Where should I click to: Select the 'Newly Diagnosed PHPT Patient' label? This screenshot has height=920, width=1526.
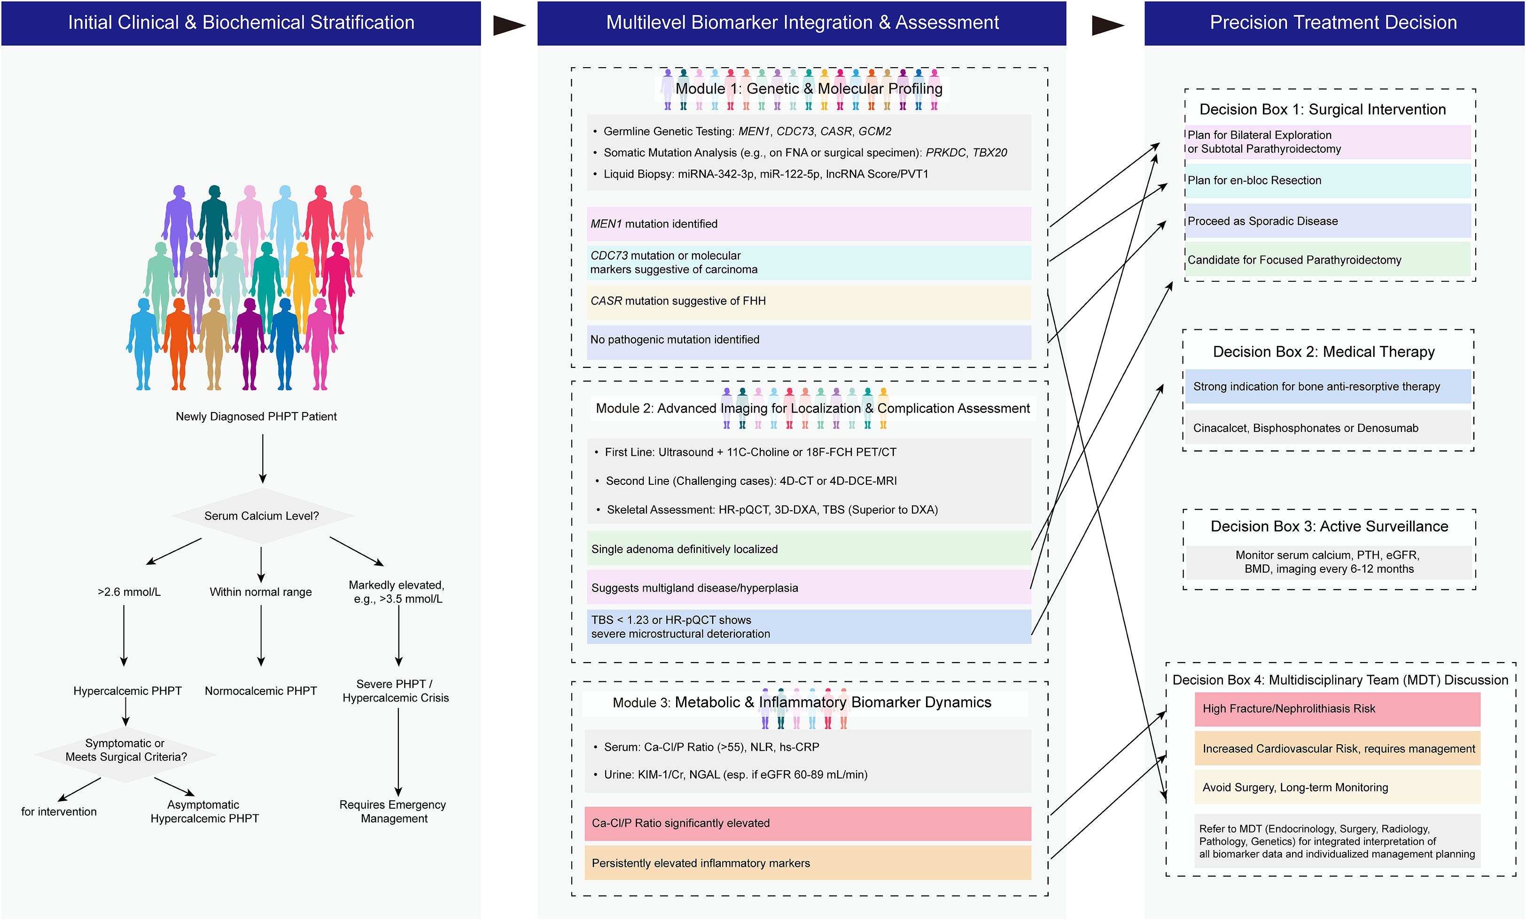[x=256, y=416]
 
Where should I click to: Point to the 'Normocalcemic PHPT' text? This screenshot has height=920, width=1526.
[x=261, y=691]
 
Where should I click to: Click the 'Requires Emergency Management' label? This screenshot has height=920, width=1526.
[x=393, y=811]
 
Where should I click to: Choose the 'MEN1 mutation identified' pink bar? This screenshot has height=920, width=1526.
[x=808, y=224]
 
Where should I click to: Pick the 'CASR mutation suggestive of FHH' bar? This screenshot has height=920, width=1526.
[x=808, y=301]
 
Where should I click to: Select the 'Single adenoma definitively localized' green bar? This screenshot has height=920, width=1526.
[x=808, y=549]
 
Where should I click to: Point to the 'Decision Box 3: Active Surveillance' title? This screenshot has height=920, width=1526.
[x=1329, y=526]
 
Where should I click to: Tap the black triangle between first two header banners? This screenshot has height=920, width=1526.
[x=508, y=25]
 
